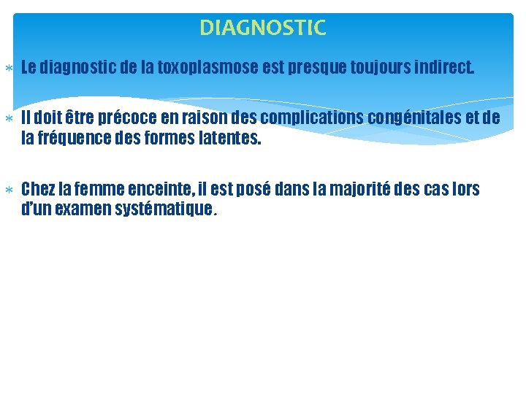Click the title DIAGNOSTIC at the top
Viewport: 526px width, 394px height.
(x=263, y=28)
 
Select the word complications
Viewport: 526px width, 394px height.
(x=310, y=118)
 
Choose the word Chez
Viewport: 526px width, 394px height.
(x=37, y=190)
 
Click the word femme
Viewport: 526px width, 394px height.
(x=101, y=190)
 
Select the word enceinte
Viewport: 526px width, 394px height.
(x=162, y=190)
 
